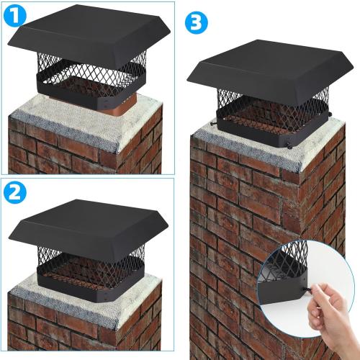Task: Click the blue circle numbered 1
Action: coord(14,16)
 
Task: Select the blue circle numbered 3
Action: coord(194,22)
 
